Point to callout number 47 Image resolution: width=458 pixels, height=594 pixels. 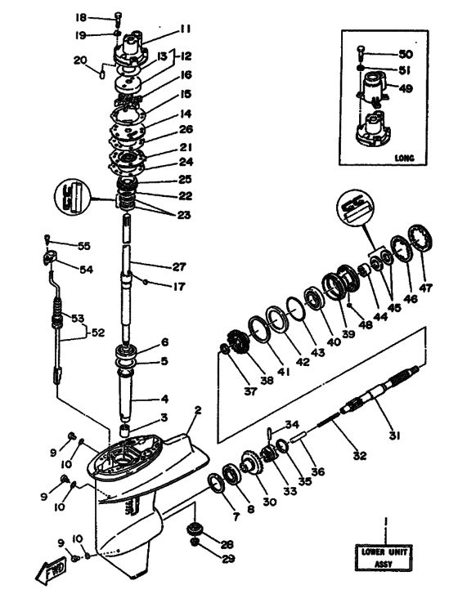click(x=426, y=288)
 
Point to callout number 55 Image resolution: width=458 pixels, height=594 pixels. click(x=84, y=246)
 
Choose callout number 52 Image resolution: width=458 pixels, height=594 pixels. click(x=98, y=333)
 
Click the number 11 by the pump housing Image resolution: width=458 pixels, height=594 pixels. click(x=186, y=29)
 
